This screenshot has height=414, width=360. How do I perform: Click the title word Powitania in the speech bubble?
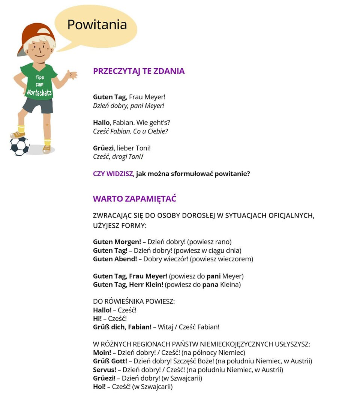[97, 25]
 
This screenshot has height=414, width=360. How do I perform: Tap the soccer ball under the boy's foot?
[19, 146]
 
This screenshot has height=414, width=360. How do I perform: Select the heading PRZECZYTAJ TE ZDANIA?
[139, 71]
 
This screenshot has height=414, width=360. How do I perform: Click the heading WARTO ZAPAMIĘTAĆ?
[135, 199]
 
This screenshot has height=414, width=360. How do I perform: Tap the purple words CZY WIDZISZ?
[114, 174]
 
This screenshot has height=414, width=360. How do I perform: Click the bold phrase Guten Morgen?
[117, 242]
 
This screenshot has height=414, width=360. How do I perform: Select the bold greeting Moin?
[102, 353]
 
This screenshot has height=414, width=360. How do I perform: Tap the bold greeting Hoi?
[99, 387]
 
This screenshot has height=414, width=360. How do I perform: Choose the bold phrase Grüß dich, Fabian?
[122, 327]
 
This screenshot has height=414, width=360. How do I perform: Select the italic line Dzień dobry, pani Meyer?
[129, 106]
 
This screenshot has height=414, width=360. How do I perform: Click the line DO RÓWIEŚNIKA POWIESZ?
[134, 301]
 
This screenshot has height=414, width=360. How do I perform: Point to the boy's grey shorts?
[37, 106]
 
